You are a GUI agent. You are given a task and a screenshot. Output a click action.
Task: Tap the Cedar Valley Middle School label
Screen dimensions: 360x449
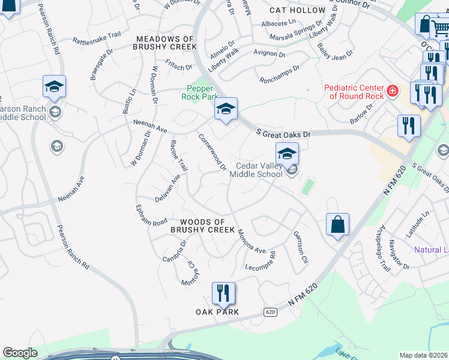click(x=259, y=170)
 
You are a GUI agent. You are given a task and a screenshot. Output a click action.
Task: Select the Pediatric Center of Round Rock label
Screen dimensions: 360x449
click(x=354, y=92)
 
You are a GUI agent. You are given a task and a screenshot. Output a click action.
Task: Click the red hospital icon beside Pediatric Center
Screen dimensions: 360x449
click(x=392, y=91)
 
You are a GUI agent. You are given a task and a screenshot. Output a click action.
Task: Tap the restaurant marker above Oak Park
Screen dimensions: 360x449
click(x=223, y=294)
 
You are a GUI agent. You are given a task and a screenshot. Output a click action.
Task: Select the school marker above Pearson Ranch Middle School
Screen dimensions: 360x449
click(x=54, y=88)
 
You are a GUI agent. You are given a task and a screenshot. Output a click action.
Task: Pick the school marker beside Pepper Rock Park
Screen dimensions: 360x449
click(x=226, y=110)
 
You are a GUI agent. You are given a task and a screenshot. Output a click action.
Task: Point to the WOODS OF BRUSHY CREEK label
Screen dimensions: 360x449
click(x=203, y=226)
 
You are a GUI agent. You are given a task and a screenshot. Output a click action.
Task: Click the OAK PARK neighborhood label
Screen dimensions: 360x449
click(x=217, y=312)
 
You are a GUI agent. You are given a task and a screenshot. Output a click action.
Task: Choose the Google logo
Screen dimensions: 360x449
click(x=20, y=353)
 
